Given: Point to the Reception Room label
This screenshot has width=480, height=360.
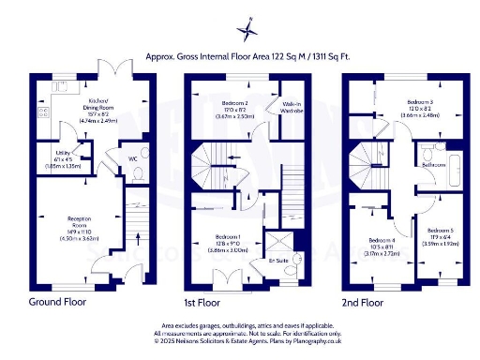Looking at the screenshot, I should click(78, 220).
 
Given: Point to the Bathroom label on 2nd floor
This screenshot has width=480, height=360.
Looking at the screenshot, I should click(434, 164).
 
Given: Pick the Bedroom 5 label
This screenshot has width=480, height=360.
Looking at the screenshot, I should click(440, 229).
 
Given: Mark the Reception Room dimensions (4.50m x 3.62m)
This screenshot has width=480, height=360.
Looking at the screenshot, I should click(78, 237).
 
